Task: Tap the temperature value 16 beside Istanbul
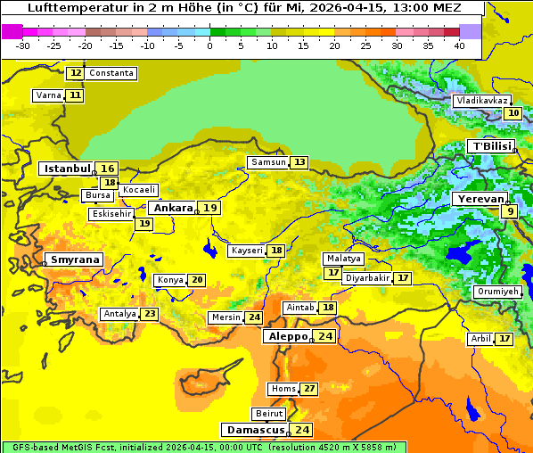click(107, 169)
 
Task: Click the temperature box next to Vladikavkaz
click(512, 113)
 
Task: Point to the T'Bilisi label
click(491, 146)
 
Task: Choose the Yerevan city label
click(480, 199)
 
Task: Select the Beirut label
click(269, 414)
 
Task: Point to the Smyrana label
click(75, 259)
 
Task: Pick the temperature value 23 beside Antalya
click(150, 314)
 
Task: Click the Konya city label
click(169, 280)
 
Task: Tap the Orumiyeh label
click(496, 292)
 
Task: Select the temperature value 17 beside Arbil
click(504, 339)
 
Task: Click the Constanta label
click(111, 73)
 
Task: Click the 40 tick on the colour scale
click(459, 45)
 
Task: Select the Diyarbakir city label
click(367, 278)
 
